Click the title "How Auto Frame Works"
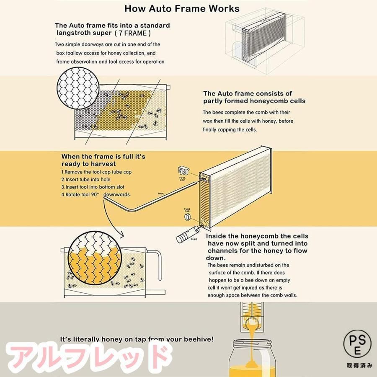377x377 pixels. click(182, 9)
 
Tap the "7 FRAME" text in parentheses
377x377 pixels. click(132, 33)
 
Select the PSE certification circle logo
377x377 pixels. click(357, 344)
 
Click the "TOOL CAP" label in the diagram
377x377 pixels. click(183, 178)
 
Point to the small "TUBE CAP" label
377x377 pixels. click(187, 210)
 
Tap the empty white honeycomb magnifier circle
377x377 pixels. click(78, 88)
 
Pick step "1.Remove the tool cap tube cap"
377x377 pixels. click(96, 172)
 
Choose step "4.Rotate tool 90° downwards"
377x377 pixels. click(96, 194)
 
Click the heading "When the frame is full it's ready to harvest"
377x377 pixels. click(103, 160)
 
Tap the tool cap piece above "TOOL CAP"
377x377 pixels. click(183, 171)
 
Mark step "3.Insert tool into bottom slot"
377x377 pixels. click(93, 187)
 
